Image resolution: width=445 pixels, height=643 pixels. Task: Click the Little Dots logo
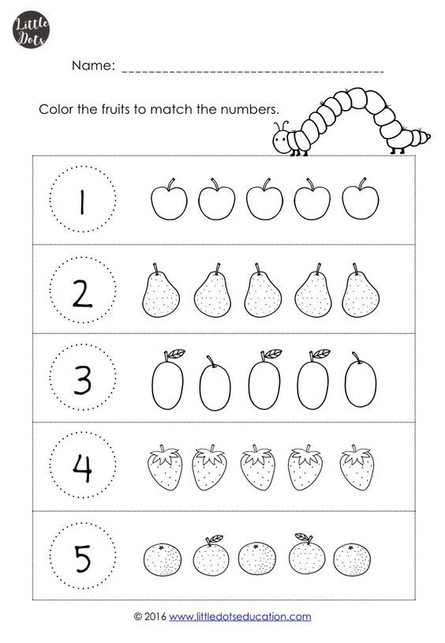click(x=31, y=30)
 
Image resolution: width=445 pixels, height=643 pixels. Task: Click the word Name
click(x=93, y=66)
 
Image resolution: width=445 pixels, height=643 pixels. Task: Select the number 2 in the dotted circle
click(x=82, y=294)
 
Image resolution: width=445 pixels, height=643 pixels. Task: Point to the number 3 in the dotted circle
click(x=82, y=382)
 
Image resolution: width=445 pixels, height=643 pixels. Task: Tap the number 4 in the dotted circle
click(x=82, y=468)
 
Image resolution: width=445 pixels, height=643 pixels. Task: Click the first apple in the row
click(x=169, y=199)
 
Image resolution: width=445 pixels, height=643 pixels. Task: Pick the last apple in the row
click(x=360, y=199)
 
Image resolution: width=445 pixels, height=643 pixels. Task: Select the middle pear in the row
click(x=263, y=291)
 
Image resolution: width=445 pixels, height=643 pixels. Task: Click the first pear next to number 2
click(x=161, y=291)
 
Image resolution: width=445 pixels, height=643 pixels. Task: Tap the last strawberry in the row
click(x=357, y=468)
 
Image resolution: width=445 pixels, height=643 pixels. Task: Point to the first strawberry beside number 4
click(x=164, y=468)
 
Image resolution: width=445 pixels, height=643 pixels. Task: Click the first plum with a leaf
click(x=167, y=380)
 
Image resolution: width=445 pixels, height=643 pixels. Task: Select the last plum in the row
click(x=360, y=380)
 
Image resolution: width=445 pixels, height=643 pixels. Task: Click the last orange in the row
click(x=352, y=559)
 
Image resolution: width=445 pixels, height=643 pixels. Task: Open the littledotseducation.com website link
click(x=240, y=616)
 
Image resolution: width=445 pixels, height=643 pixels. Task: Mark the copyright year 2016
click(x=155, y=616)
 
